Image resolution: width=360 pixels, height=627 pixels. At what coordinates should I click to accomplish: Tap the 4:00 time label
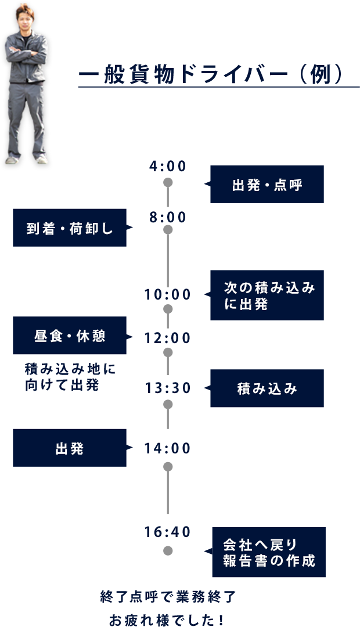(x=168, y=167)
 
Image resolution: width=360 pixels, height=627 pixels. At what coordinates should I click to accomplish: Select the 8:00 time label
(x=168, y=218)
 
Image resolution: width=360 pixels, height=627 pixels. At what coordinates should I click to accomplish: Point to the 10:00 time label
(x=168, y=295)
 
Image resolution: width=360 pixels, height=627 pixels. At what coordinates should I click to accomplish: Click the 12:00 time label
(x=168, y=338)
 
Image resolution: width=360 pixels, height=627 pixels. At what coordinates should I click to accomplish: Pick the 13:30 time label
(x=168, y=388)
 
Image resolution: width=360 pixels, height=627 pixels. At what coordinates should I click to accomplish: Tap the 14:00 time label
(x=168, y=448)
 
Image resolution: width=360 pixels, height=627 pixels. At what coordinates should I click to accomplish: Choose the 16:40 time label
(x=168, y=532)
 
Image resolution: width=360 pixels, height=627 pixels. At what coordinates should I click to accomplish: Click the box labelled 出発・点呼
(x=267, y=184)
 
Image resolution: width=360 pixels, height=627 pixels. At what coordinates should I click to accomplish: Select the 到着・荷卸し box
(x=70, y=228)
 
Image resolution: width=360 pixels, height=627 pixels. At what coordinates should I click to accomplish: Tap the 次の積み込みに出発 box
(x=267, y=295)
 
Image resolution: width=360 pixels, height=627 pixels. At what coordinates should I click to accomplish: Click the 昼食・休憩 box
(x=70, y=336)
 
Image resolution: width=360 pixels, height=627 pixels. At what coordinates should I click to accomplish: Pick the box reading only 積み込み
(x=267, y=388)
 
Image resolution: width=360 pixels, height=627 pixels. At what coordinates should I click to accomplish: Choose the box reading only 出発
(x=70, y=448)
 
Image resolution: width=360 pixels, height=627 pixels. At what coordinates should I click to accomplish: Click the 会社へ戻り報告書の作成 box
(x=268, y=552)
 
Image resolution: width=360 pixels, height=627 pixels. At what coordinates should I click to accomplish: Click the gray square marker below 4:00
(x=168, y=183)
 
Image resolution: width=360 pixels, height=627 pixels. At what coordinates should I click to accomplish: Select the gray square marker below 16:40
(x=168, y=550)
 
